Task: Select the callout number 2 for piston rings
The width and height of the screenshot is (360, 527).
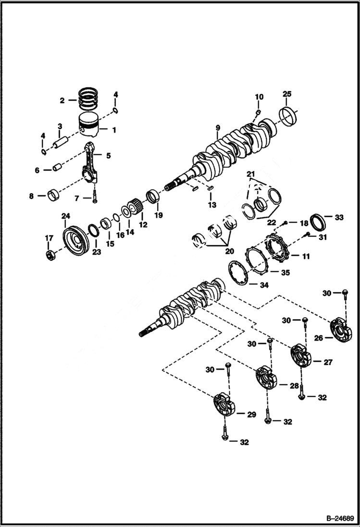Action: pyautogui.click(x=62, y=100)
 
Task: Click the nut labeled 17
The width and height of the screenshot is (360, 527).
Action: pyautogui.click(x=50, y=255)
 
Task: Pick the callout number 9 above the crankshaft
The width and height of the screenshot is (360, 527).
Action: pyautogui.click(x=218, y=127)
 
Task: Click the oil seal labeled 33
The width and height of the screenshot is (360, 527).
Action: pyautogui.click(x=318, y=221)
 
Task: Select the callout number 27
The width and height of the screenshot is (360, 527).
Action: pyautogui.click(x=328, y=363)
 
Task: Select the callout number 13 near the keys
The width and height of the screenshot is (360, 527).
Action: pyautogui.click(x=212, y=205)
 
